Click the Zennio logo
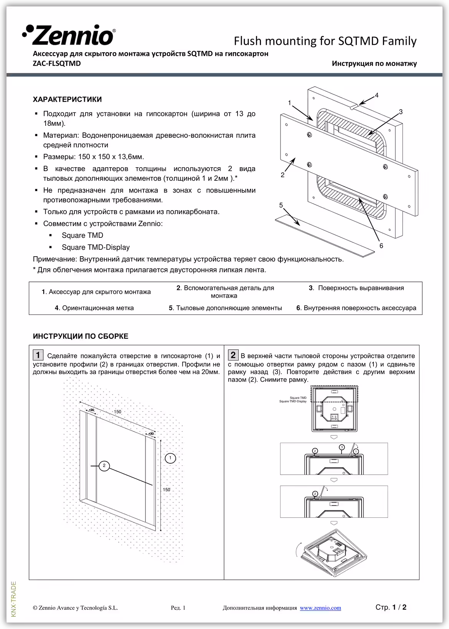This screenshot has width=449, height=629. coord(69,36)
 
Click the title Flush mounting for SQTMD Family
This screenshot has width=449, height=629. coord(325,41)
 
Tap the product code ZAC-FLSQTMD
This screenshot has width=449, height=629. coord(57,63)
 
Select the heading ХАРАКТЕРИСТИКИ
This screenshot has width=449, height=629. coord(67,100)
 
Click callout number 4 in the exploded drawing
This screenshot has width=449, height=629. coord(377,95)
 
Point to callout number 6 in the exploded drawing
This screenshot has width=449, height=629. coord(381,246)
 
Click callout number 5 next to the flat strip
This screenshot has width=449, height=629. coord(281,205)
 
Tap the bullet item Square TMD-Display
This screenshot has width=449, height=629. coord(96,247)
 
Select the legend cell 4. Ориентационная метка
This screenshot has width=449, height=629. coord(94,308)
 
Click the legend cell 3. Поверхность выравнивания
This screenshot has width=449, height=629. coord(356,288)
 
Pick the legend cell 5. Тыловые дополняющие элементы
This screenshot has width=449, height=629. coord(225,308)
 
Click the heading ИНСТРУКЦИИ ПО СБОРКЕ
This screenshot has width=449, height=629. coord(81,336)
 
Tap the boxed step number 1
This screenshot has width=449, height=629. coord(38,355)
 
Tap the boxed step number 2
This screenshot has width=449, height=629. coord(233,355)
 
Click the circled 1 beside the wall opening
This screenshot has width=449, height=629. coord(170,458)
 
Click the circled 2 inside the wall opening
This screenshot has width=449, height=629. coord(104,466)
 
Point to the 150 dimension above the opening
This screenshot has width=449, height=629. coord(117,412)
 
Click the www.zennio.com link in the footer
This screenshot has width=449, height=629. coord(320,608)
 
